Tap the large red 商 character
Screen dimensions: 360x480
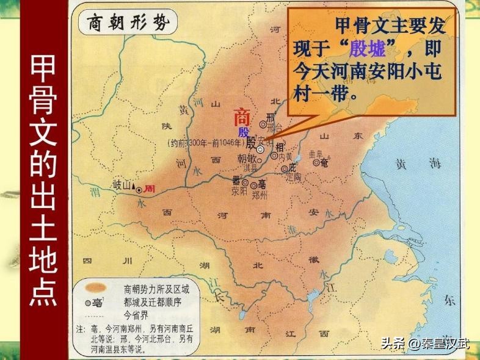pyautogui.click(x=242, y=118)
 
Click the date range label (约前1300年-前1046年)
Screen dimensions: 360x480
pyautogui.click(x=202, y=144)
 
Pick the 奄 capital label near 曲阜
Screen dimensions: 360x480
pyautogui.click(x=324, y=163)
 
